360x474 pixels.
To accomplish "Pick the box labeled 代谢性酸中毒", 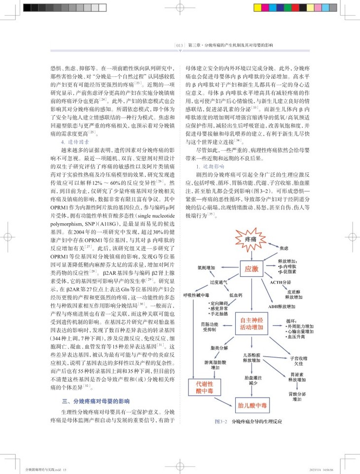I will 204,385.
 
